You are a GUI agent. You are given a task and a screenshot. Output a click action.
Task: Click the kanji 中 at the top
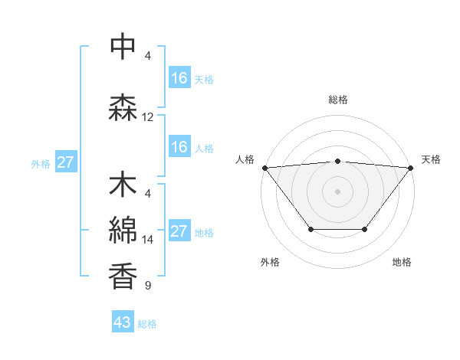coord(123,47)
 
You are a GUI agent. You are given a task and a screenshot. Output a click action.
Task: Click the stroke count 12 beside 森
coord(148,117)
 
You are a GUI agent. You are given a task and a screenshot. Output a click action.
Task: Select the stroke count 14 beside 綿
coord(148,239)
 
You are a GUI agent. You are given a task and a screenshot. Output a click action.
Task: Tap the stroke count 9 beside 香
coord(148,286)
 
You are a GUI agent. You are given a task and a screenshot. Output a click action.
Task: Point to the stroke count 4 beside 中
coord(148,55)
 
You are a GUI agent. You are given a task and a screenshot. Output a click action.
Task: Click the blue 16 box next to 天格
coord(179,78)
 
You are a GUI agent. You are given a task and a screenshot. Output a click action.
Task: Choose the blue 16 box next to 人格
coord(179,147)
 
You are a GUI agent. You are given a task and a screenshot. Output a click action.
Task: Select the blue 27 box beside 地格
coord(179,231)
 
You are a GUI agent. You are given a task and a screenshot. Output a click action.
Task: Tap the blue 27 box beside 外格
coord(65,162)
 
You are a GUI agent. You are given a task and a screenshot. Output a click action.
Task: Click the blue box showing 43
coord(122,322)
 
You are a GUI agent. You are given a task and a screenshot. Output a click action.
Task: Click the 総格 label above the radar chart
coord(337,100)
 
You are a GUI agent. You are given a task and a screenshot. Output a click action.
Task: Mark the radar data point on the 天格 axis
coord(411,167)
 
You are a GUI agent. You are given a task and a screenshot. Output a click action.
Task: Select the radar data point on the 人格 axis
coord(264,167)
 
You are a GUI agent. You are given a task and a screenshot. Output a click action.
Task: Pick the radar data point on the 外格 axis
coord(310,229)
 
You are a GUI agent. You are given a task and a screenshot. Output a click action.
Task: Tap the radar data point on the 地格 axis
coord(365,229)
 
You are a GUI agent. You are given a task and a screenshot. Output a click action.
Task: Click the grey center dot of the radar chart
coord(337,191)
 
